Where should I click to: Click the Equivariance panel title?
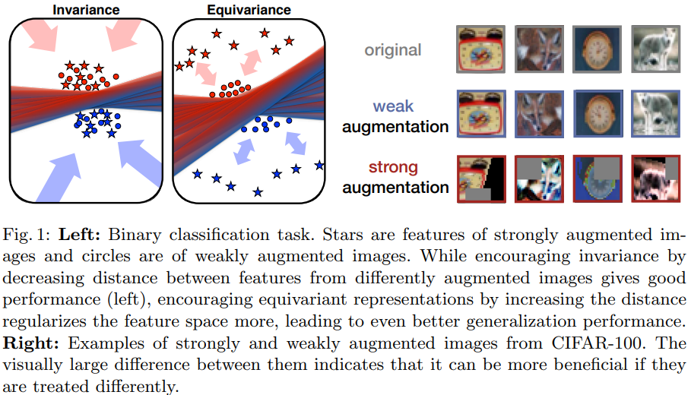point(249,11)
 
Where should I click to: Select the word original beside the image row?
point(392,51)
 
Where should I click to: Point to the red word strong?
point(393,167)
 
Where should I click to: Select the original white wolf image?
point(655,49)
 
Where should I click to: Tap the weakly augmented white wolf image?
point(655,115)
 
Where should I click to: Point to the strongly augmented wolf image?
point(655,179)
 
